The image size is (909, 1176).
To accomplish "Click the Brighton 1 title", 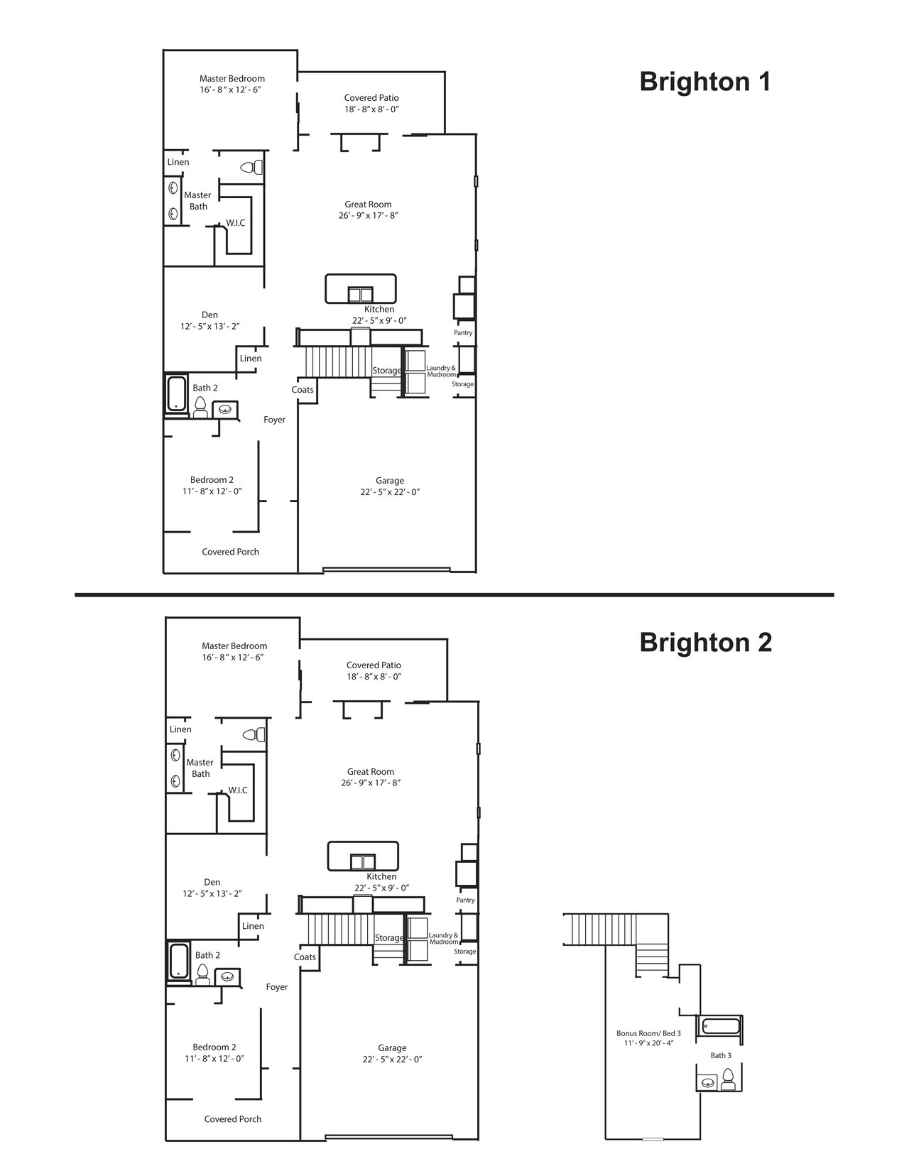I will [704, 82].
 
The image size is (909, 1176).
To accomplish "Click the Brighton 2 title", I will [704, 642].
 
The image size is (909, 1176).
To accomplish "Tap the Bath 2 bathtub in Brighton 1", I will [175, 393].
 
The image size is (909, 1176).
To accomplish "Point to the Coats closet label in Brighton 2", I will [305, 957].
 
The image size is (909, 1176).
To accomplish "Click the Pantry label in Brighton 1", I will [463, 333].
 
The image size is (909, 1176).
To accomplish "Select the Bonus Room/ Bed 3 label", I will [648, 1033].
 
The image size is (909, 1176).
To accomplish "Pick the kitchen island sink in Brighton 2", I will [362, 861].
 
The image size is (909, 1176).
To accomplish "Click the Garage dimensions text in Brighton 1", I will [390, 491].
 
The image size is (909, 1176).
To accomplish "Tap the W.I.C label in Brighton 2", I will [237, 790].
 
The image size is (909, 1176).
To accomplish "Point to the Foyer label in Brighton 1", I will [274, 420].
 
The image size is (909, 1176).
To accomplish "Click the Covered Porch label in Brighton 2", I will [232, 1119].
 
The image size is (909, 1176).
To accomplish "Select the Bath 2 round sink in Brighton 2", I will [227, 977].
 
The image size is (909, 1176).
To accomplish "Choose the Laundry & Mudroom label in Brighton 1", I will [441, 371].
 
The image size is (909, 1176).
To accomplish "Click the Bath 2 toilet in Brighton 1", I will [200, 406].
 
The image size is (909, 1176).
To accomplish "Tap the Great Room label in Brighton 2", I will [371, 771].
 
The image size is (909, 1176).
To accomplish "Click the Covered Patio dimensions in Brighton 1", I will [371, 109].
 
